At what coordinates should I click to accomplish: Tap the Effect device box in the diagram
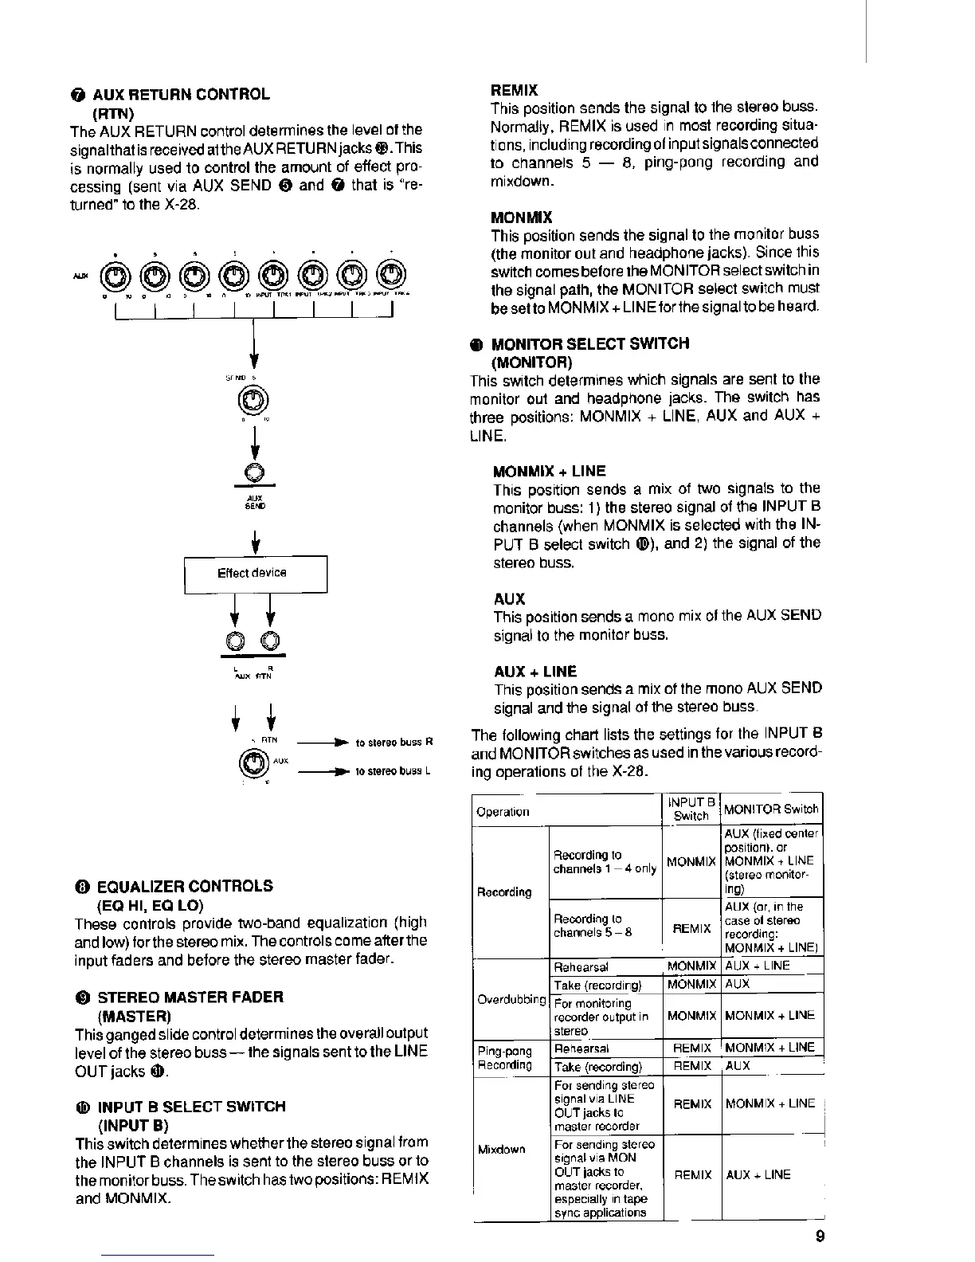tap(256, 573)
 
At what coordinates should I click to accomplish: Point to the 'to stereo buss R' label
tap(393, 743)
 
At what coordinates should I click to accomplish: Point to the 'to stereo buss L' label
tap(393, 770)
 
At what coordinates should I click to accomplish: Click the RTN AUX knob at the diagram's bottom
tap(253, 764)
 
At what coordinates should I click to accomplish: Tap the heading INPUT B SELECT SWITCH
tap(191, 1106)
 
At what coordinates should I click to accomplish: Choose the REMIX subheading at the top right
tap(514, 89)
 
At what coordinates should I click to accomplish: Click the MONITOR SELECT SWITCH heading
tap(589, 343)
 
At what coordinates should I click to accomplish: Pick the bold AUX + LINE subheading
tap(534, 671)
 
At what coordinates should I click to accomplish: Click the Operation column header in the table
tap(502, 812)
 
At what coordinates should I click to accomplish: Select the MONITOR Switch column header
tap(771, 809)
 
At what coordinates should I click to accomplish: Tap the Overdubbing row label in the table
tap(511, 999)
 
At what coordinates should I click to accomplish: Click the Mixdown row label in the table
tap(501, 1149)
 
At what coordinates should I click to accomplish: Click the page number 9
tap(820, 1237)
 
